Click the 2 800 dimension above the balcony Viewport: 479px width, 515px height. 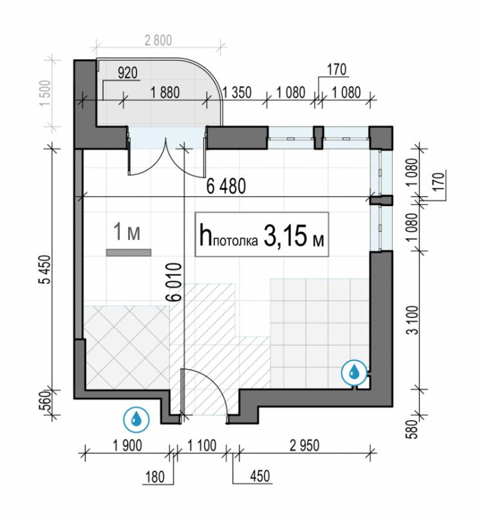point(158,41)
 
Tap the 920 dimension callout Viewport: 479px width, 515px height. point(127,73)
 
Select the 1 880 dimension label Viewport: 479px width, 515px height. point(165,93)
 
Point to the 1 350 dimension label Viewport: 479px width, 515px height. point(237,93)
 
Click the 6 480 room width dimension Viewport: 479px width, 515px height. point(226,186)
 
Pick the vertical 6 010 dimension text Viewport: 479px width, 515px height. point(174,282)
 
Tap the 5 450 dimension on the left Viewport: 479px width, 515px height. point(45,270)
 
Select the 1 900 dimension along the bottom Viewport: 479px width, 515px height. point(127,445)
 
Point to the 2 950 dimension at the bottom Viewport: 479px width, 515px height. point(305,445)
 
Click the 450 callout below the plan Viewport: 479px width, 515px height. point(260,476)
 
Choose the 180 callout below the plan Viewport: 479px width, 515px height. point(155,477)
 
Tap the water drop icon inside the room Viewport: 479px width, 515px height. point(354,372)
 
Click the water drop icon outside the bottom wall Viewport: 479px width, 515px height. point(136,420)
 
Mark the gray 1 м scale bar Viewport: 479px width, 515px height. point(129,252)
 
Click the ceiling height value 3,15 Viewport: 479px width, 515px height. point(285,236)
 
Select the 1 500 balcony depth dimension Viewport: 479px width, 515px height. point(45,93)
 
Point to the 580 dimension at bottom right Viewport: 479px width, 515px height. point(413,429)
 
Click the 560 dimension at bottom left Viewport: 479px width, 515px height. point(46,401)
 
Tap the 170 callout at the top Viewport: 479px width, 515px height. point(337,70)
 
